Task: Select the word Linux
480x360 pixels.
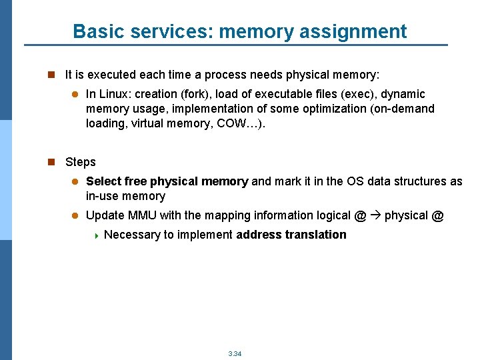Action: pyautogui.click(x=115, y=94)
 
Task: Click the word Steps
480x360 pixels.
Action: pyautogui.click(x=81, y=162)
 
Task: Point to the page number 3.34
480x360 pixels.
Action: pyautogui.click(x=235, y=353)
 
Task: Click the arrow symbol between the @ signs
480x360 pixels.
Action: pyautogui.click(x=375, y=215)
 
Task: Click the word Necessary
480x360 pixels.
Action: pyautogui.click(x=131, y=235)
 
